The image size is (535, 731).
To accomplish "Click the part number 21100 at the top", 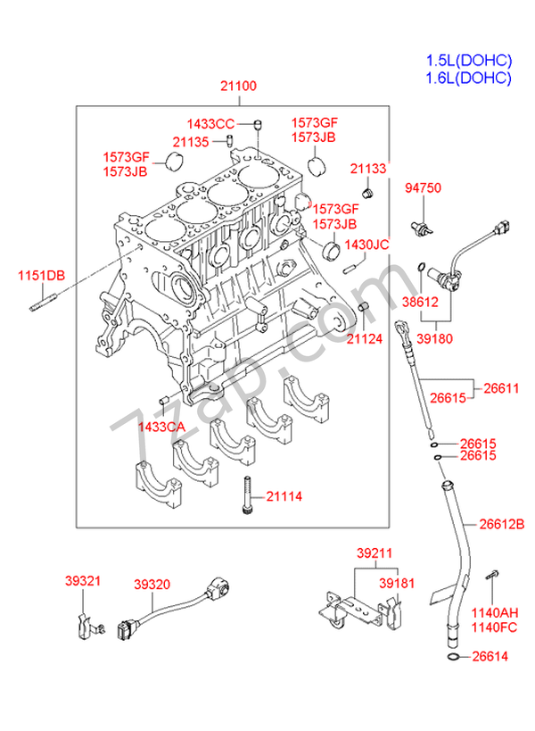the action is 238,86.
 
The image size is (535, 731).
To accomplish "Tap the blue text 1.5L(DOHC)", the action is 469,61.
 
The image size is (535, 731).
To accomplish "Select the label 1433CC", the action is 210,124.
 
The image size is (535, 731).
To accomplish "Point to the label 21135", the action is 191,142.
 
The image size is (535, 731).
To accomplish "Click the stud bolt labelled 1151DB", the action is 44,302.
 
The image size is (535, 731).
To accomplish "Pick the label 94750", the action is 423,187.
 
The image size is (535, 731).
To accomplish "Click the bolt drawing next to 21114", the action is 247,494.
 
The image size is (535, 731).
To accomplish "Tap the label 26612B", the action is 502,525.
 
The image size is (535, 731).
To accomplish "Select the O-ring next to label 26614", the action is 453,657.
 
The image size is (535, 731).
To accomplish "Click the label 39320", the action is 152,584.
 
